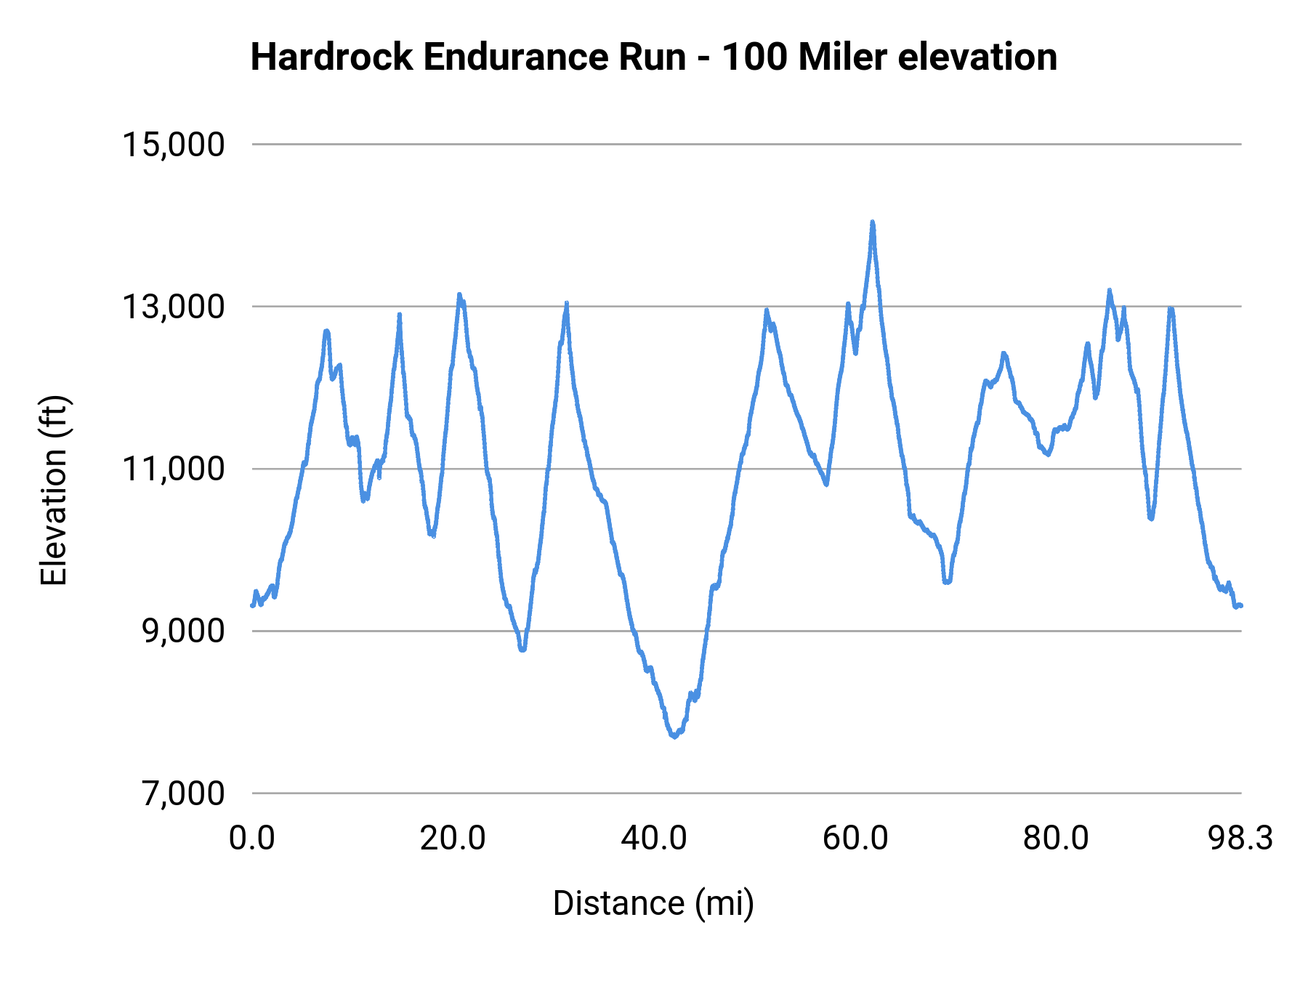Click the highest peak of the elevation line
pos(873,222)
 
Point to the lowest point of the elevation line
pos(674,737)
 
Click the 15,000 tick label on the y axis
pos(174,145)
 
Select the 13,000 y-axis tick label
pos(174,307)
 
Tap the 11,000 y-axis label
pos(174,469)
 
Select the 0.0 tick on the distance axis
pos(252,839)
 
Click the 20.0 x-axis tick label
pos(453,839)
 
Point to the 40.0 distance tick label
pos(654,839)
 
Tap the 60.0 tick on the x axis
pos(855,839)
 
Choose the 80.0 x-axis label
pos(1056,839)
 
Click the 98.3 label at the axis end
pos(1240,839)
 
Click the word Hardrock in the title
pos(331,57)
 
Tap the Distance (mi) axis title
pos(653,903)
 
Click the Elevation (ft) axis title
pos(54,490)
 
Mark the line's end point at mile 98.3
pos(1241,605)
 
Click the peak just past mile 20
pos(459,294)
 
